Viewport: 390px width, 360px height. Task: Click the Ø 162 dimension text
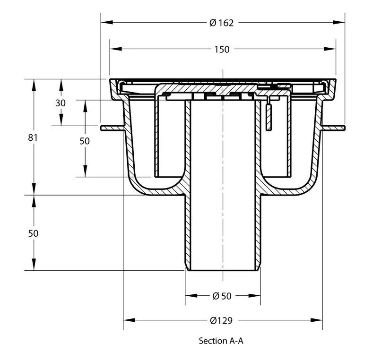[x=221, y=23]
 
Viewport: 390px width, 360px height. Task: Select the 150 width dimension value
[x=222, y=49]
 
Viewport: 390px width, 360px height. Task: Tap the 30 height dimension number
[x=61, y=103]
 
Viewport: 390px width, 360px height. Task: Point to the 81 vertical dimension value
[x=33, y=137]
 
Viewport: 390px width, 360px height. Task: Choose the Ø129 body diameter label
[x=221, y=320]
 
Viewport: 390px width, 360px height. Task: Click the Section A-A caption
[x=221, y=341]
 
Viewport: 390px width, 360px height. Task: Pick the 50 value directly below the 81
[x=33, y=233]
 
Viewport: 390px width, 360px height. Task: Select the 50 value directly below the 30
[x=85, y=140]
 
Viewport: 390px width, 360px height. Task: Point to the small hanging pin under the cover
[x=269, y=116]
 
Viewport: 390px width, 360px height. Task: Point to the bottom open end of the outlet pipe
[x=222, y=270]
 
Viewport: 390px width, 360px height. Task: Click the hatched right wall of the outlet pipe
[x=258, y=231]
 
